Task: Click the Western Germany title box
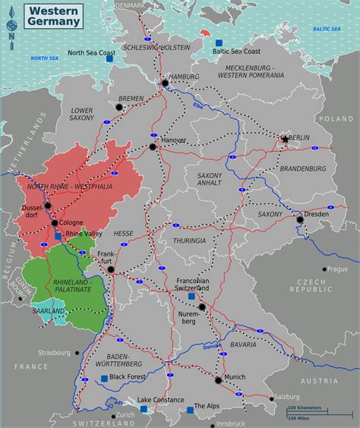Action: [x=55, y=16]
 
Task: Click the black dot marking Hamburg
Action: [x=164, y=83]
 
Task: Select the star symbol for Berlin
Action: [x=286, y=139]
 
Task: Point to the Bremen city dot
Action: [x=118, y=107]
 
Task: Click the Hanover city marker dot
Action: [x=153, y=146]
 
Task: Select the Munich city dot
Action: [x=219, y=380]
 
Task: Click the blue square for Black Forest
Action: [x=103, y=377]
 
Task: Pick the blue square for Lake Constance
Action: [x=144, y=408]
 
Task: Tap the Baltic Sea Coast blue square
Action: [x=219, y=42]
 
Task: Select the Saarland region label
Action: [x=49, y=310]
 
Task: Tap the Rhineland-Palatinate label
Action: [x=72, y=285]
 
